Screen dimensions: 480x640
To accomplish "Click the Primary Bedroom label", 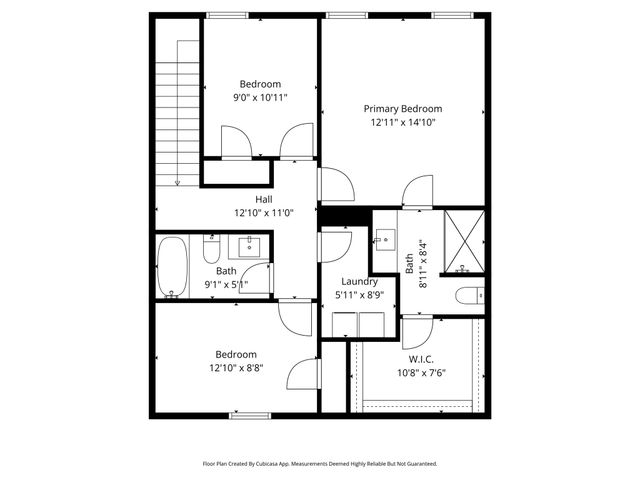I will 402,109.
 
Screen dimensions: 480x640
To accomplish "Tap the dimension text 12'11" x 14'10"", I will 402,122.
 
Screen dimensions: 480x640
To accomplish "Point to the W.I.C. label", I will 421,359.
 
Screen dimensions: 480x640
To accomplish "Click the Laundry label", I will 357,282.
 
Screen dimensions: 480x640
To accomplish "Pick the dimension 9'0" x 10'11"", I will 260,97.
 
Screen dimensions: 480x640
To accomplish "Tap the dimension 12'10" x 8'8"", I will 236,367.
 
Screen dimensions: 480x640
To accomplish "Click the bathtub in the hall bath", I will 174,267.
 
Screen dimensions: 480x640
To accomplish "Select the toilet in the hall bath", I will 211,248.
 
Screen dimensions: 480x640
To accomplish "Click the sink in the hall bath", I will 245,246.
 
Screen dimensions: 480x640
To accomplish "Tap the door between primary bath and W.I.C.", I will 418,330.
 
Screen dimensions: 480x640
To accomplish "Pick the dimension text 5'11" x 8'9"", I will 357,295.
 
